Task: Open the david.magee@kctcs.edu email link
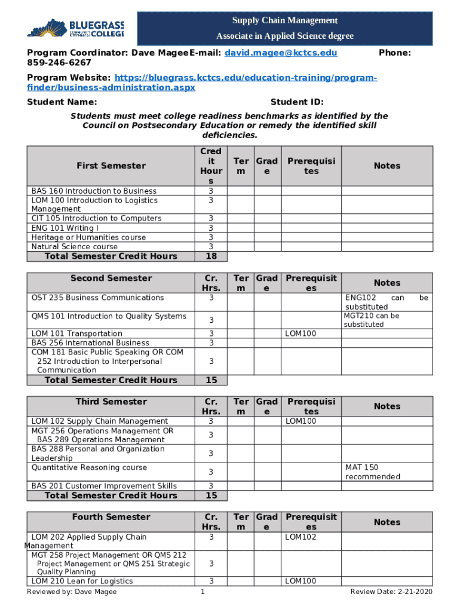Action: [x=281, y=53]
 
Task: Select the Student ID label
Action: [x=297, y=102]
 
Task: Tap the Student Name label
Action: [x=62, y=102]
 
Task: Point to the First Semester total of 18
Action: [x=211, y=256]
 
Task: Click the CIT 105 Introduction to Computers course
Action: [x=96, y=218]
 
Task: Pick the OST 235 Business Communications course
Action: [x=97, y=297]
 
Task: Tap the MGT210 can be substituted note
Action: [x=371, y=320]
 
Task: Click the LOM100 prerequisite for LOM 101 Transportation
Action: [x=300, y=333]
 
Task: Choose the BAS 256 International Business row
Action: [x=90, y=343]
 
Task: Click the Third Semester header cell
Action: [x=111, y=402]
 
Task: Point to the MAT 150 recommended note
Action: [x=372, y=472]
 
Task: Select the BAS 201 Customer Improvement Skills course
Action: [x=104, y=486]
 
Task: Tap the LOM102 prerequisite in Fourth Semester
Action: [x=300, y=537]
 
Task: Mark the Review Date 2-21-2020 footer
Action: [x=391, y=592]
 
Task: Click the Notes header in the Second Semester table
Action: [x=387, y=283]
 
